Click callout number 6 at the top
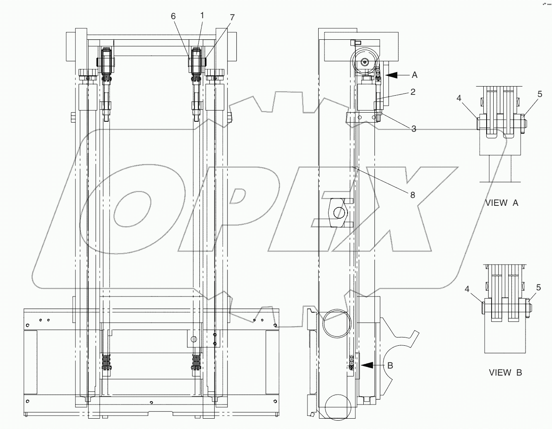pos(173,16)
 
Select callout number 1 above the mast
pos(202,15)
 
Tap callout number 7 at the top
pos(232,17)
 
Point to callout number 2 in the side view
pos(413,92)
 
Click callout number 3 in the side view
pos(413,129)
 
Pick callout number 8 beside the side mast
pos(413,194)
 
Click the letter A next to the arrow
pos(415,75)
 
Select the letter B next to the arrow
pos(390,365)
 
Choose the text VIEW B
pos(505,373)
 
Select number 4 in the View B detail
pos(467,289)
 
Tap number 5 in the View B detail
pos(538,287)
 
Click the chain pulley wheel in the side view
pos(365,62)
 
